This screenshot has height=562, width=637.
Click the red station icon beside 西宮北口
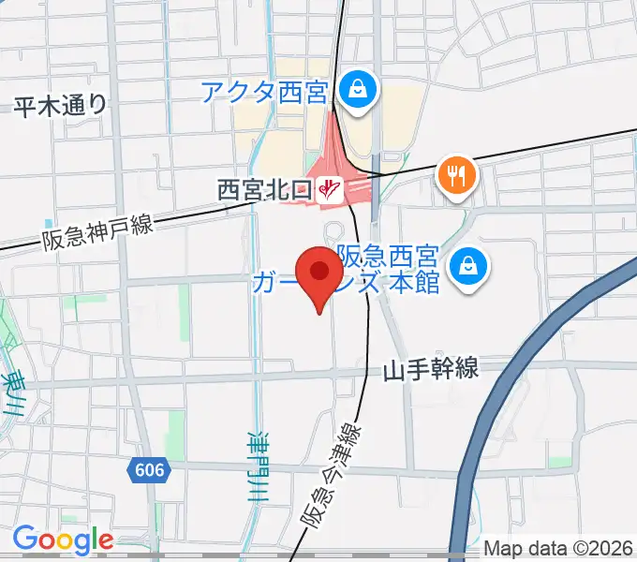328,191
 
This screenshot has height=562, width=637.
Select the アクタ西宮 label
263,93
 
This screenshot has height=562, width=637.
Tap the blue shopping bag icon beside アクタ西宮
358,90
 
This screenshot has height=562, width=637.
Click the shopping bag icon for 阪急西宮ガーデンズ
466,268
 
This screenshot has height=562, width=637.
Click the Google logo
63,540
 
